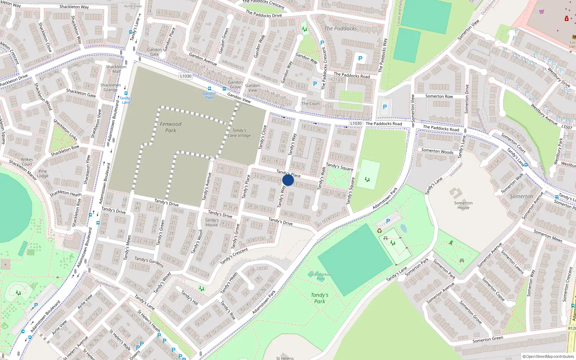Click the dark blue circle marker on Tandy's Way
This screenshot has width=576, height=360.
(288, 180)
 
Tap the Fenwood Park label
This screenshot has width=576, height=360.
(171, 127)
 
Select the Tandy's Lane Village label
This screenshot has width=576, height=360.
(239, 133)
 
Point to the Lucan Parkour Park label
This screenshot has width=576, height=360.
(320, 276)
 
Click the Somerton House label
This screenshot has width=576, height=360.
(463, 205)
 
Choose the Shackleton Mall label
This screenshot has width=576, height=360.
(116, 69)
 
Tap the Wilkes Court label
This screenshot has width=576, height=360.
(27, 162)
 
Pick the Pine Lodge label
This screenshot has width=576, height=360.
(42, 174)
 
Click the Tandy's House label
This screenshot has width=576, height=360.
(212, 222)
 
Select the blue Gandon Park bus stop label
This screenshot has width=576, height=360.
(209, 95)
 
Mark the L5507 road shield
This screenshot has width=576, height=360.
(566, 127)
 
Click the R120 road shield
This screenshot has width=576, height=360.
(572, 328)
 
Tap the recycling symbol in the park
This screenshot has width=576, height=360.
(379, 231)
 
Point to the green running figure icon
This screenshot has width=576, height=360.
(451, 243)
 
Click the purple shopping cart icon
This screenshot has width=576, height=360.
(541, 12)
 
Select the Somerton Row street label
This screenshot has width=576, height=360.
(439, 96)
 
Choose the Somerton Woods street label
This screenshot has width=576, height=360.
(437, 151)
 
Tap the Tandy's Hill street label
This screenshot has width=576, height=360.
(189, 297)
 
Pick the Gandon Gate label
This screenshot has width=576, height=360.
(154, 52)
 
